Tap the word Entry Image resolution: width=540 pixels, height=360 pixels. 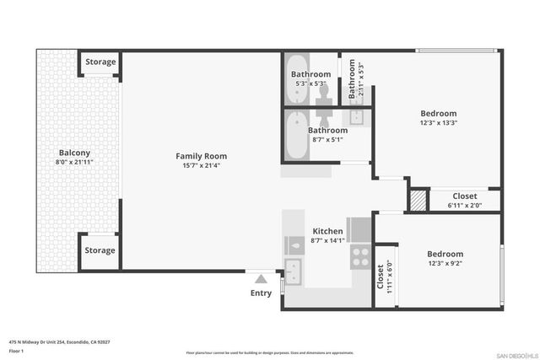coord(262,293)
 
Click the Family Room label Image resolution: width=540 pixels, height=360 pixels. coord(201,156)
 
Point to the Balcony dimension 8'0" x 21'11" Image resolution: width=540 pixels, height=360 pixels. coord(73,162)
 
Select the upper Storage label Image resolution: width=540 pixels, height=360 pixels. coord(100,62)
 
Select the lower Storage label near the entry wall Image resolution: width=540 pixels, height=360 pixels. coord(100,250)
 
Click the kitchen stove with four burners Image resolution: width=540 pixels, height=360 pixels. coord(361,255)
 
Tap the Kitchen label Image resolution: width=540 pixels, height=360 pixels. coord(327,231)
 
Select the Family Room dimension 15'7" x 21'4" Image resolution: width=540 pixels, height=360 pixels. coord(201,166)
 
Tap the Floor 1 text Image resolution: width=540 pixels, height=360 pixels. coord(15,351)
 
